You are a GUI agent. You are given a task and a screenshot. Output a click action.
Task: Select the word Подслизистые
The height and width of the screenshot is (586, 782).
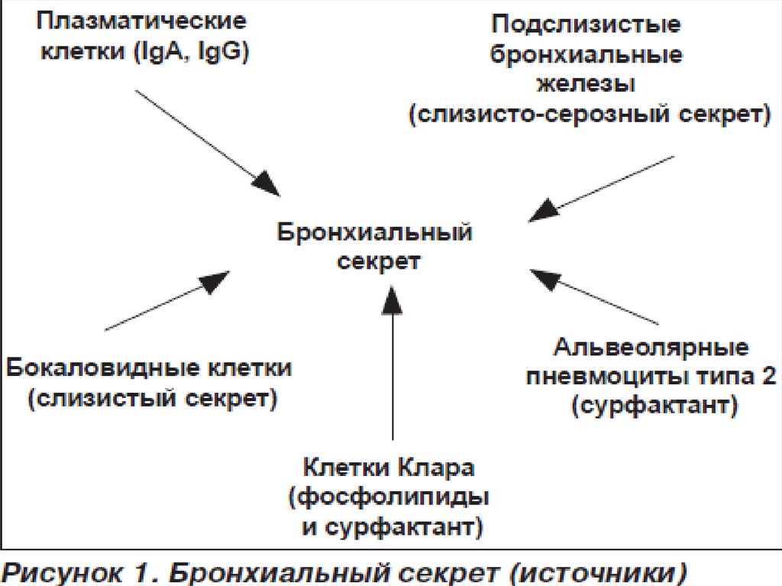pos(586,23)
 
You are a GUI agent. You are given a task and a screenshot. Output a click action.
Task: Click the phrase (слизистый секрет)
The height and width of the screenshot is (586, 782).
pos(151,400)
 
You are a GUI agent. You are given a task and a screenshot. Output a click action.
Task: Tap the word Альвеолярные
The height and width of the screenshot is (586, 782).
pos(651,348)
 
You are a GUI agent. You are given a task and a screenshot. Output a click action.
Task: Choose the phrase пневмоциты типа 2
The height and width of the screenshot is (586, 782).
pos(652,377)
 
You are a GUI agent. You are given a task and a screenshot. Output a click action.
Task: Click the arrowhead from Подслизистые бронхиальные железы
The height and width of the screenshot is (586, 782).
pos(541,211)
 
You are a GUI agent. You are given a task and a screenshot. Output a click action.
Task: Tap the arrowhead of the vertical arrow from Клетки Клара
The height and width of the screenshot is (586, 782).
pos(393,298)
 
